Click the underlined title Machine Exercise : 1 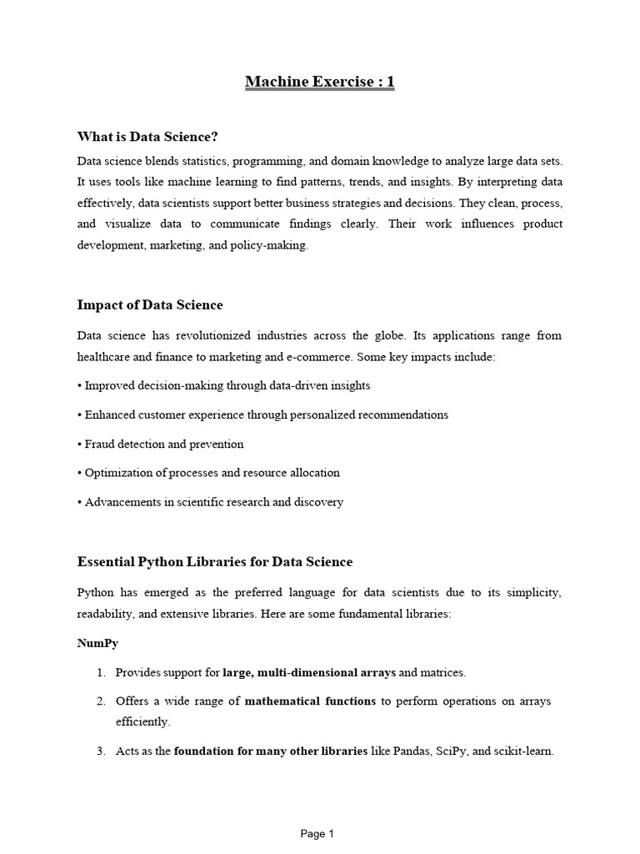click(319, 82)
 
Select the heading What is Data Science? click(152, 136)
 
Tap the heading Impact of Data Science click(150, 304)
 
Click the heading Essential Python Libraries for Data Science click(215, 561)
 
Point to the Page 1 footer click(317, 833)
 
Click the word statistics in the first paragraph click(198, 160)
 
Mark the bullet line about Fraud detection click(163, 444)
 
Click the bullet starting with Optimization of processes click(212, 473)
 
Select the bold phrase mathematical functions click(310, 701)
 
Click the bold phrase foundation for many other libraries click(271, 751)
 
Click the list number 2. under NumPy click(100, 701)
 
